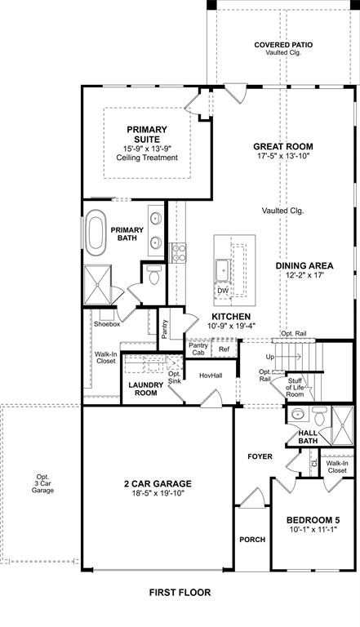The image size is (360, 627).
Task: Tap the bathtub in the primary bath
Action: (x=97, y=231)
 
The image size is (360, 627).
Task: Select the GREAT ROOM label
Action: (x=282, y=147)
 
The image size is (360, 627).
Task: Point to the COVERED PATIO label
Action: (x=282, y=45)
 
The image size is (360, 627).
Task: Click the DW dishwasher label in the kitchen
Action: (x=222, y=290)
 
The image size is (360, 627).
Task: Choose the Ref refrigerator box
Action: (x=224, y=349)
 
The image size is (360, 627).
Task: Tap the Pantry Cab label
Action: (x=198, y=349)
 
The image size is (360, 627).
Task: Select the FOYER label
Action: (x=260, y=456)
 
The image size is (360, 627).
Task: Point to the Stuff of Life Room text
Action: (x=295, y=388)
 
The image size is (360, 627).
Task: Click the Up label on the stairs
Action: (x=270, y=358)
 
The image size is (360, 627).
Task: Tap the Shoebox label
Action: (x=107, y=324)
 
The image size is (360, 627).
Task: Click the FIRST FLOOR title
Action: (x=179, y=592)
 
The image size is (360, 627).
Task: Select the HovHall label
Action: (x=211, y=375)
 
